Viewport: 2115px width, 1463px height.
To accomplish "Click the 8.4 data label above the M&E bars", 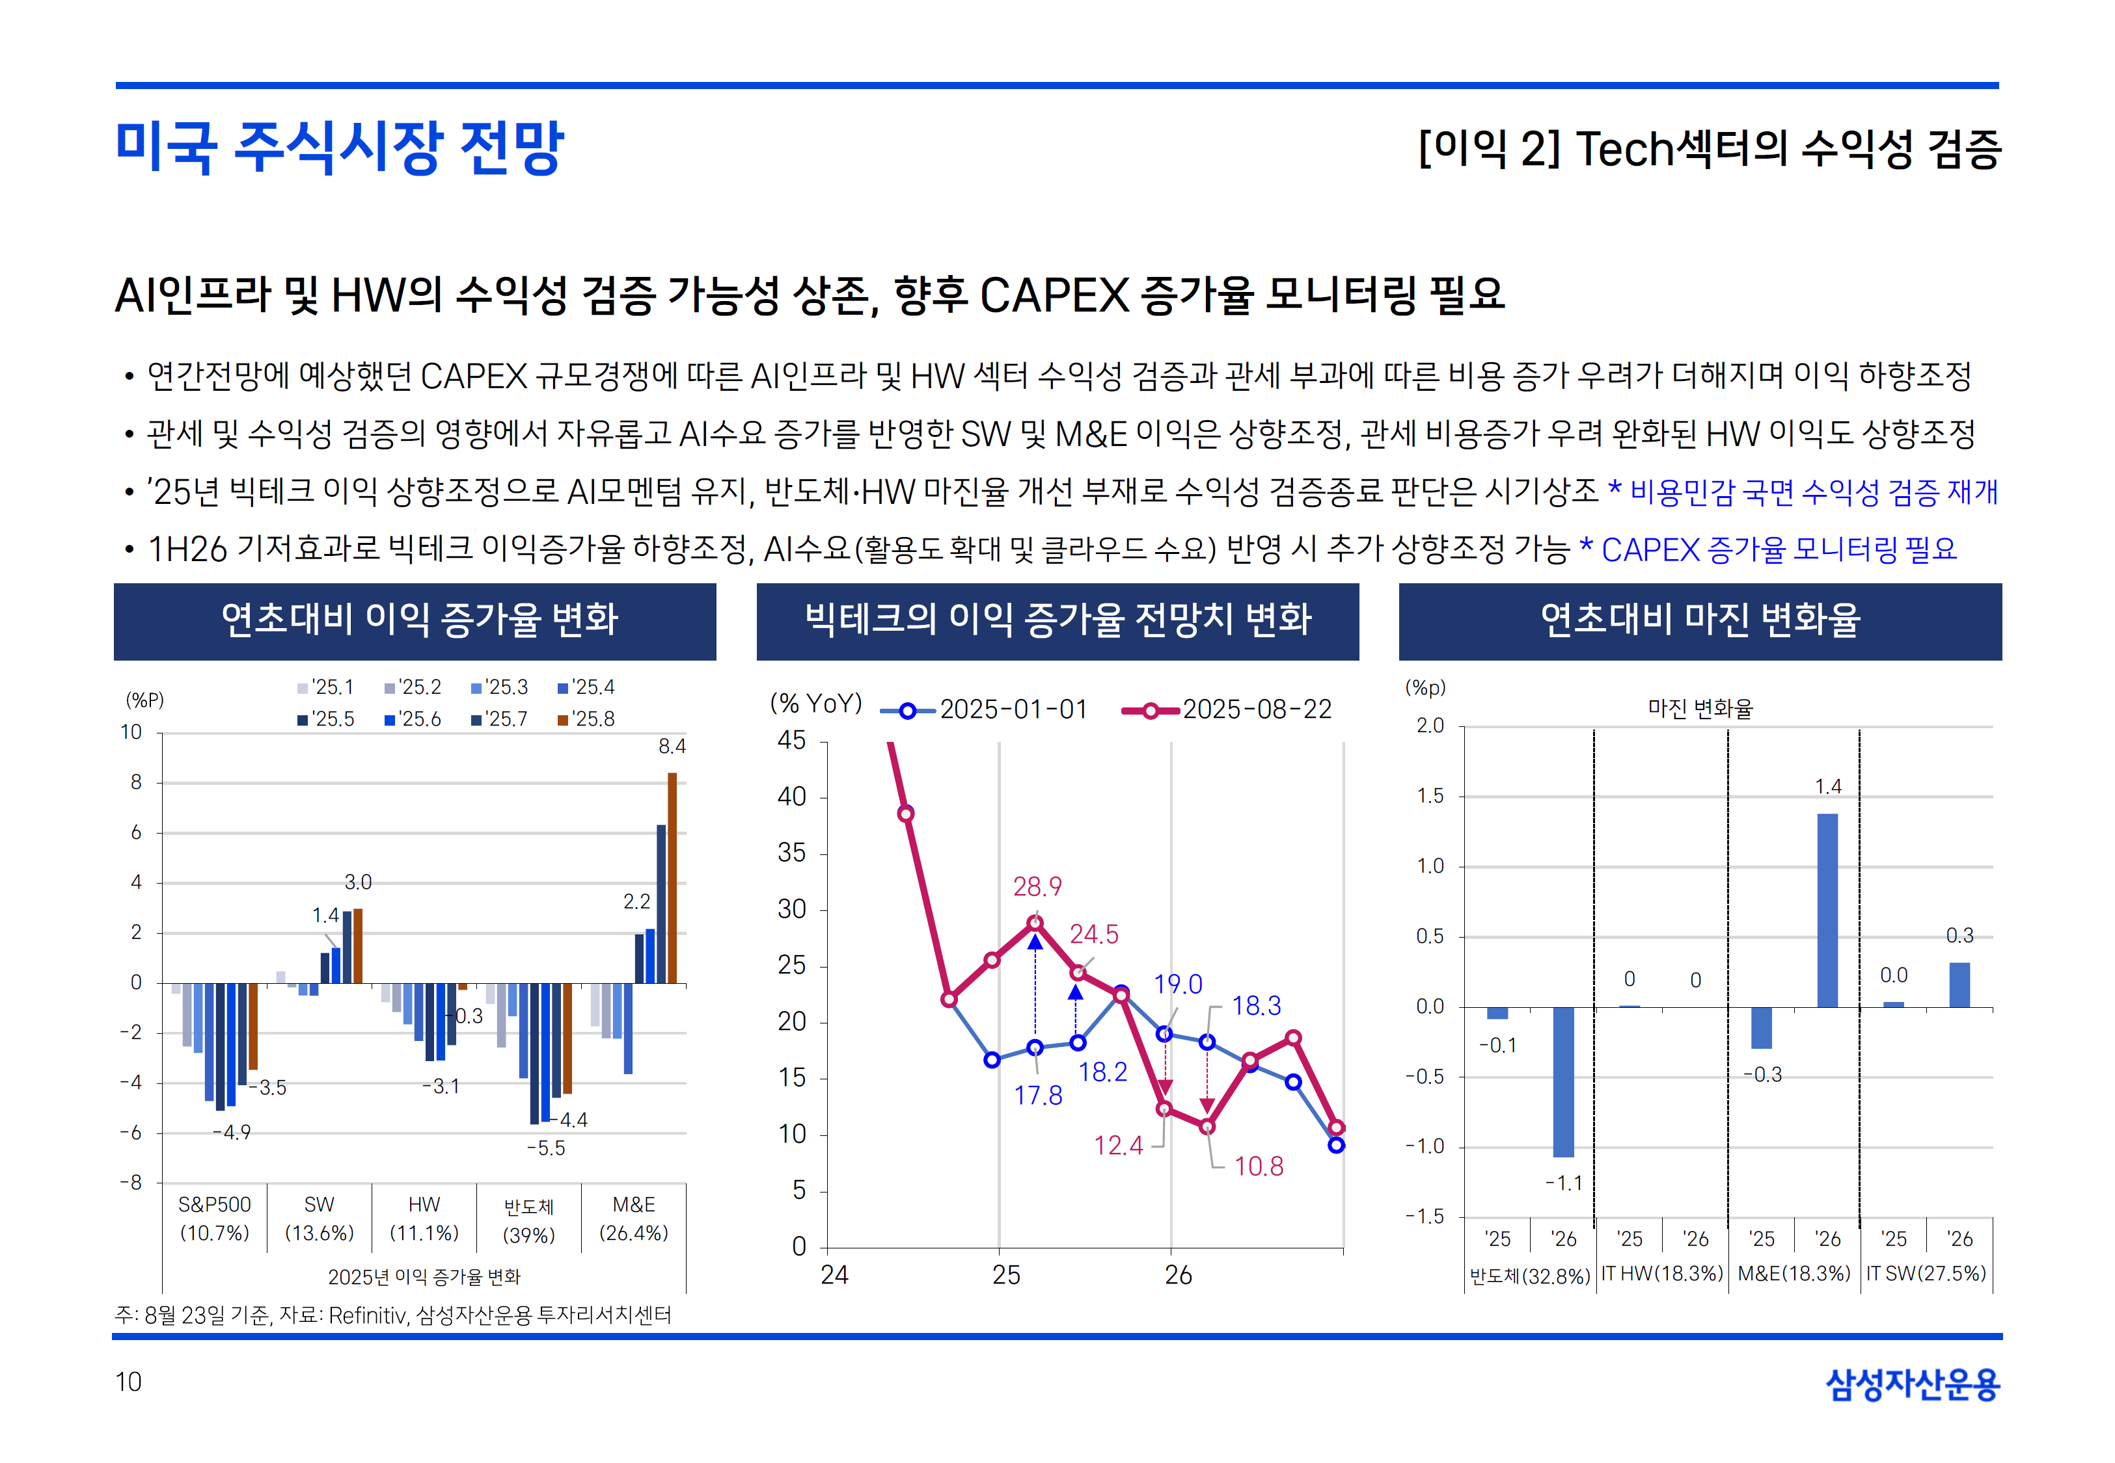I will (x=672, y=746).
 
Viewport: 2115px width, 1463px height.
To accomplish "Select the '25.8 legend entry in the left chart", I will (x=587, y=718).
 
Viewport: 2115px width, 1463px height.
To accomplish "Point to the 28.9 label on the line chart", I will (x=1037, y=886).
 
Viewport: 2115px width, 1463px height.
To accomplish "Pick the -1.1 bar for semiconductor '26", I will (x=1563, y=1082).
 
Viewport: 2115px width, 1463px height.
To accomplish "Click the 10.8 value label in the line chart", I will (x=1259, y=1166).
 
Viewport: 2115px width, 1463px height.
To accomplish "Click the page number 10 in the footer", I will (x=128, y=1382).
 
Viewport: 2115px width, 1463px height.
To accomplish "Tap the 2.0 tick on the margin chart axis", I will (x=1429, y=726).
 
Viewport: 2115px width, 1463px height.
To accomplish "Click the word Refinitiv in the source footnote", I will (x=367, y=1315).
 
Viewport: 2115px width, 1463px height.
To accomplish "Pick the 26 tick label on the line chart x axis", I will (x=1178, y=1275).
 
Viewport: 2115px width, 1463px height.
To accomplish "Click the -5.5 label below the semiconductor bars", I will (x=546, y=1148).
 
